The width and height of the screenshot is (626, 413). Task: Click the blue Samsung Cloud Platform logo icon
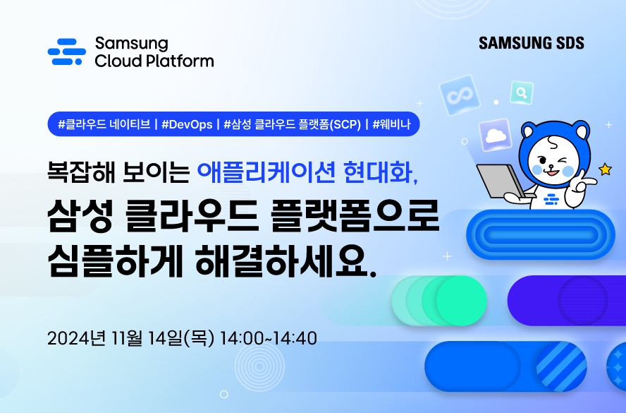[67, 52]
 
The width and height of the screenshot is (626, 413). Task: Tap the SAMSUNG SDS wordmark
[532, 43]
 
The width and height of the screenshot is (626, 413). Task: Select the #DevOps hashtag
[187, 124]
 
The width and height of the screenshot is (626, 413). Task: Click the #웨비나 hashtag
[391, 124]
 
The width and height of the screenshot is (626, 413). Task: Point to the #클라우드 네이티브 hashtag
[104, 124]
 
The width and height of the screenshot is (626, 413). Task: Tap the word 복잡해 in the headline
[81, 172]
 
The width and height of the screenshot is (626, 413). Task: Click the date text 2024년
[76, 338]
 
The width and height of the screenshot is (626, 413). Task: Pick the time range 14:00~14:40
[269, 338]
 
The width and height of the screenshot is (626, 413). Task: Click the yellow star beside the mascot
[606, 169]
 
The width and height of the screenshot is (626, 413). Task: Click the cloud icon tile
[496, 135]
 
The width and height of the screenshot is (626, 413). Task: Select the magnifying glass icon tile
[522, 92]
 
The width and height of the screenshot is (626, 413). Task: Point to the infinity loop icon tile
[460, 95]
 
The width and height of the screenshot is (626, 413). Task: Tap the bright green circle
[462, 301]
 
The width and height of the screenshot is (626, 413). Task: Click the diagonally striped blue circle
[561, 366]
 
